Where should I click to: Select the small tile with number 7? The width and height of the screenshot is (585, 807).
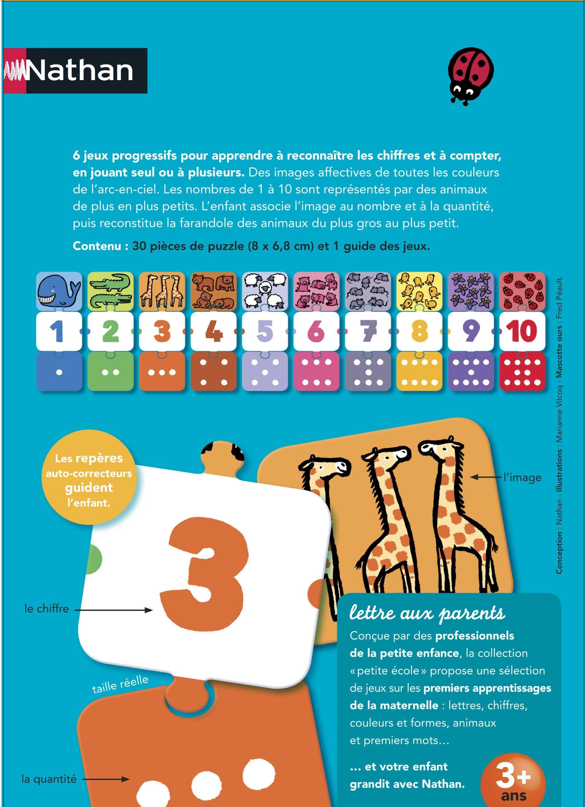[x=368, y=331]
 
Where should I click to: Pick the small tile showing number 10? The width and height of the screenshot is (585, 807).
[x=522, y=331]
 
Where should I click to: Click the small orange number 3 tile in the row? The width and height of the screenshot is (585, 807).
[x=162, y=331]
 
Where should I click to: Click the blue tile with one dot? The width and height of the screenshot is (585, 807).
[x=59, y=372]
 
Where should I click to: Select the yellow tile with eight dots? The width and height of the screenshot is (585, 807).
[x=419, y=372]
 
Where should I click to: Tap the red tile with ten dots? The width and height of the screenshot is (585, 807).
[x=522, y=372]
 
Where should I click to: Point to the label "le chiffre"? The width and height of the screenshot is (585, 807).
[x=47, y=608]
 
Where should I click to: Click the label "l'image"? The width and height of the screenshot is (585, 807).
[x=522, y=478]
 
